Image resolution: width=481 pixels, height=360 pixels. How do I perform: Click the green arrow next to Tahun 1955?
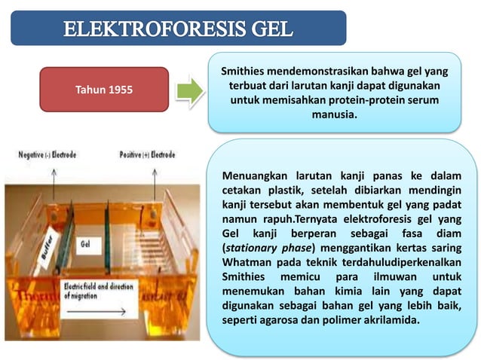[189, 90]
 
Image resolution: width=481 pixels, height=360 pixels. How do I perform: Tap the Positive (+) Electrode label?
[147, 154]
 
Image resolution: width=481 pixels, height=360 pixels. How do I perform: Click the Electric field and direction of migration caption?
[98, 291]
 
